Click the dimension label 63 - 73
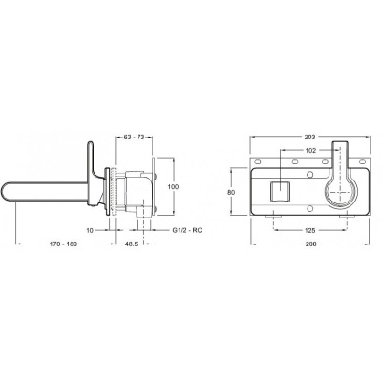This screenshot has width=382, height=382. (x=134, y=137)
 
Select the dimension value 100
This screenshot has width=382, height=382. (x=174, y=187)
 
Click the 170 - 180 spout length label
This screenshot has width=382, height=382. (x=63, y=244)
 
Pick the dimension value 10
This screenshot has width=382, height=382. (x=90, y=230)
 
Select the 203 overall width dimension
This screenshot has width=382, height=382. (x=309, y=137)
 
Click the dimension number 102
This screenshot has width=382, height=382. (x=310, y=150)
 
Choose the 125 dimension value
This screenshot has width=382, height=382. (x=310, y=230)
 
